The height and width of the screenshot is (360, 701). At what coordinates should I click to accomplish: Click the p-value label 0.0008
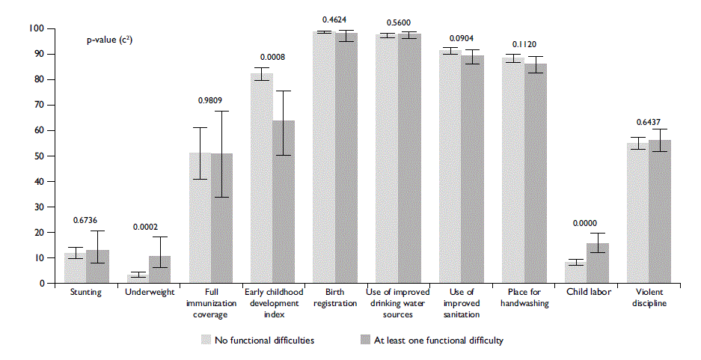[272, 57]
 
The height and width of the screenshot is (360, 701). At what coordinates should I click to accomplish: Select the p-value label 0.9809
[209, 102]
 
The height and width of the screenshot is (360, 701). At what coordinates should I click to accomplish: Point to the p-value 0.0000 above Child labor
[586, 222]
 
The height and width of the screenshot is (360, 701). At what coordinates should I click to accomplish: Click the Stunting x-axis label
[85, 292]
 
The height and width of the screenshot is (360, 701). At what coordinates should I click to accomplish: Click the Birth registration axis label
[335, 297]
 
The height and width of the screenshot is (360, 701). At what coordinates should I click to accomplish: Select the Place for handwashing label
[524, 297]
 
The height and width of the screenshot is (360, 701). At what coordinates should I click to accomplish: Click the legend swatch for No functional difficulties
[205, 340]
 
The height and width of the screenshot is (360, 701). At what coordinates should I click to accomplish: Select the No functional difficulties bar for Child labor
[575, 272]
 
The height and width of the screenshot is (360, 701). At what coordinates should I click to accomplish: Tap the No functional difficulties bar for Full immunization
[200, 218]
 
